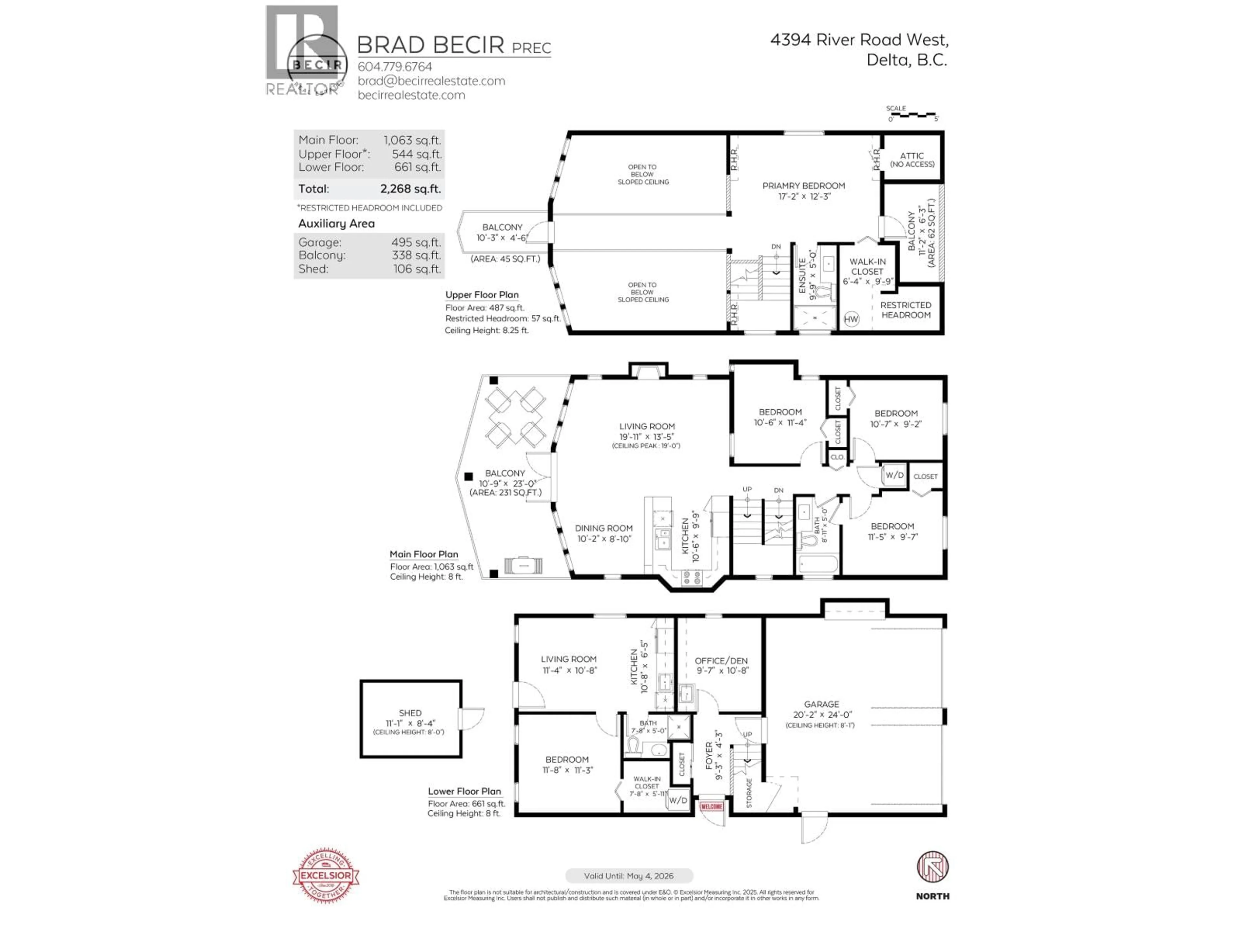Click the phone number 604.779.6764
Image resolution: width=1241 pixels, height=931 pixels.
[395, 66]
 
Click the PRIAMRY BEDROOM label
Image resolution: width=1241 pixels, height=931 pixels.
[803, 186]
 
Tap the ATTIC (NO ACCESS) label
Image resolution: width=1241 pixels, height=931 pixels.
[912, 159]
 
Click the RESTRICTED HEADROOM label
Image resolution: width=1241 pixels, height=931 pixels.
[906, 310]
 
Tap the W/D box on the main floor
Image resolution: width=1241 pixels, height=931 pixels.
[894, 475]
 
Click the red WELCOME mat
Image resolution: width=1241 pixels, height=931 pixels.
[711, 807]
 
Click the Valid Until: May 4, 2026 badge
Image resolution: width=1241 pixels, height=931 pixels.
[629, 875]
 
